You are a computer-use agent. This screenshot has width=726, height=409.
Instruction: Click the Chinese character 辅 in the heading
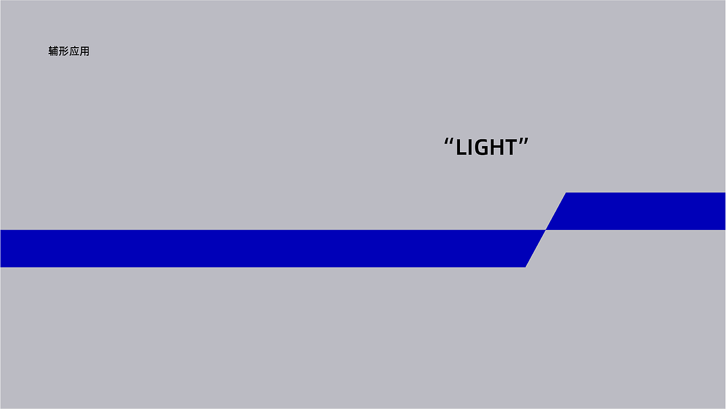tap(53, 51)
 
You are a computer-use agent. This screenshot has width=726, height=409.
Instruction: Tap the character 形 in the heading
tap(64, 51)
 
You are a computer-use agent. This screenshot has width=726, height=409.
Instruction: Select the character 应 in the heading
tap(74, 51)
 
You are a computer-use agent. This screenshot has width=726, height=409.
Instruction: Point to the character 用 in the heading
tap(85, 51)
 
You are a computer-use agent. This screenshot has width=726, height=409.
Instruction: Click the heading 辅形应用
tap(69, 51)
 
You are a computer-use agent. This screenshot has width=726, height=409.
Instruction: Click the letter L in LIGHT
tap(462, 147)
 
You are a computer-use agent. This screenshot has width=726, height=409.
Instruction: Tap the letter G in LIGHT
tap(484, 147)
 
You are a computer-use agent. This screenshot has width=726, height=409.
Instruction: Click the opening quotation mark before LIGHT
tap(449, 142)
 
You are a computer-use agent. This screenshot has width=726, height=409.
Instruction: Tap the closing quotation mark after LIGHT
tap(524, 142)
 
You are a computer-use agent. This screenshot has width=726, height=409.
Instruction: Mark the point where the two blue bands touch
tap(546, 230)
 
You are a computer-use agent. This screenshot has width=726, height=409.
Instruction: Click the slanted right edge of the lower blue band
tap(535, 249)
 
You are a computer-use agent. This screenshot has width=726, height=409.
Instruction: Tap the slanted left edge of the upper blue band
tap(556, 211)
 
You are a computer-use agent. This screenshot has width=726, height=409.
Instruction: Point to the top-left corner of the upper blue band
tap(566, 193)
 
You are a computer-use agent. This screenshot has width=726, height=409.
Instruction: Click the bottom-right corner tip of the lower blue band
tap(525, 268)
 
